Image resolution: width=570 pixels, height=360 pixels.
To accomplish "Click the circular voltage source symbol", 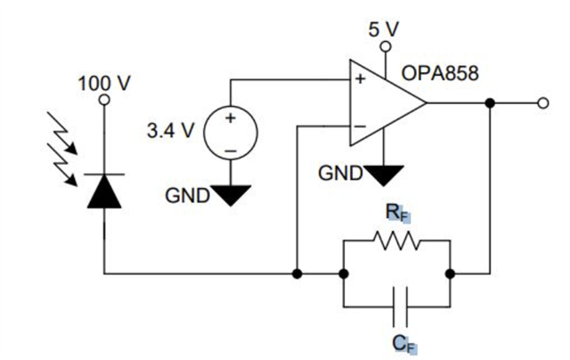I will (x=231, y=132).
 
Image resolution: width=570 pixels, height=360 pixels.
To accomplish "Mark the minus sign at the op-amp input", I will (x=361, y=127).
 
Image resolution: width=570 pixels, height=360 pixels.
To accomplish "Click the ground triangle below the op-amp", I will (x=384, y=172).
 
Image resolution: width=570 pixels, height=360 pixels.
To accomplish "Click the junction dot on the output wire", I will (x=490, y=103).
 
